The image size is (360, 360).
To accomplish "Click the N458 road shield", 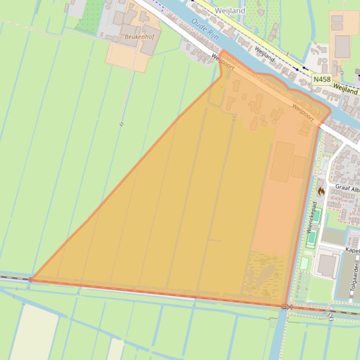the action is click(x=322, y=79).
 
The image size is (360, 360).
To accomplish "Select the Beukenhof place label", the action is click(x=135, y=36).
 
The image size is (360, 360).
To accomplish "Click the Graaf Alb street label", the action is click(x=347, y=188).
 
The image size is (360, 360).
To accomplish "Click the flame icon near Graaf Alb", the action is click(x=321, y=191).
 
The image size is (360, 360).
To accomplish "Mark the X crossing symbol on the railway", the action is click(x=290, y=307).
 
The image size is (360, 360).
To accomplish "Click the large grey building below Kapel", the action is click(x=328, y=265).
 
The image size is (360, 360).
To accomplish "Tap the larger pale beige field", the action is click(x=33, y=332).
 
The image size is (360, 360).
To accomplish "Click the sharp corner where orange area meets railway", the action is click(x=31, y=280).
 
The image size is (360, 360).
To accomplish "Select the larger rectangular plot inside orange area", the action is click(x=282, y=162).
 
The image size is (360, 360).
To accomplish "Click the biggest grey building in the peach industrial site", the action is click(x=342, y=46).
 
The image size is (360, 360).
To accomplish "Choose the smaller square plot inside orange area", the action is click(x=298, y=166).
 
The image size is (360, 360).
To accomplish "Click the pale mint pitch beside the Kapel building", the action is click(x=304, y=263).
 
